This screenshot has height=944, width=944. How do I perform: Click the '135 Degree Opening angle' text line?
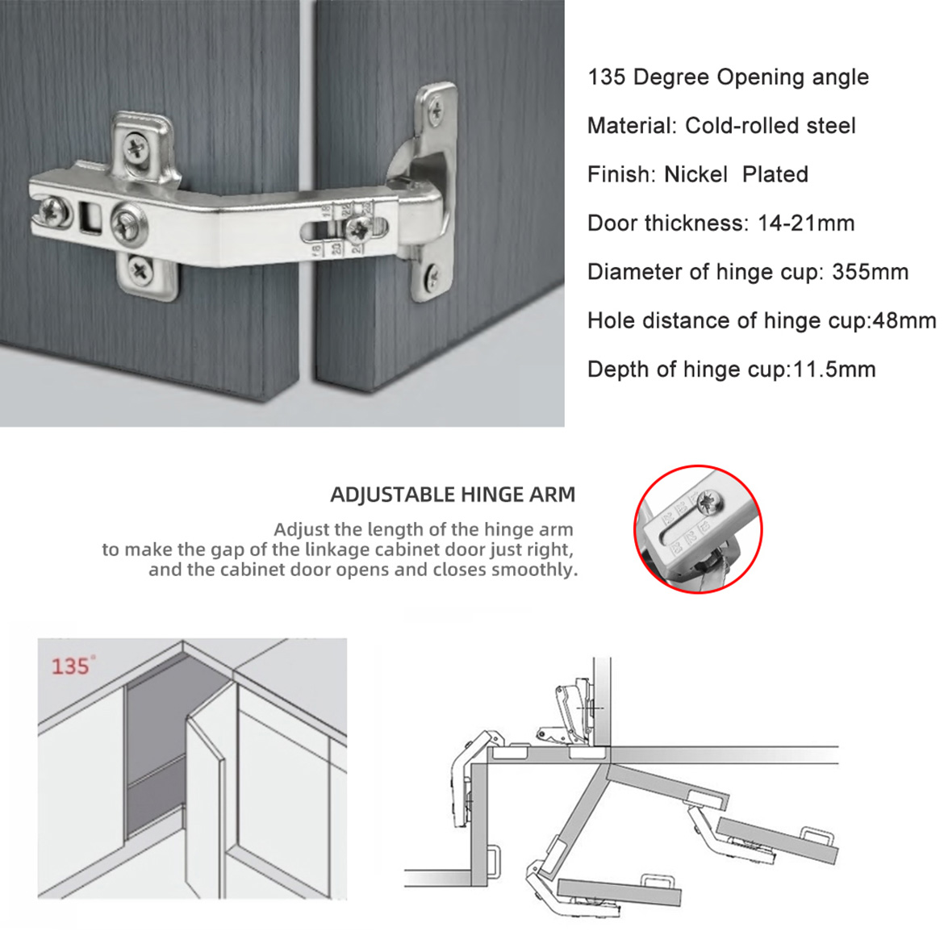pyautogui.click(x=728, y=77)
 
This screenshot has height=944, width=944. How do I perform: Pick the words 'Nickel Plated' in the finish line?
pyautogui.click(x=735, y=174)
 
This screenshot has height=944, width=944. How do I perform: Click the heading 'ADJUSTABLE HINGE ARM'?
pyautogui.click(x=453, y=495)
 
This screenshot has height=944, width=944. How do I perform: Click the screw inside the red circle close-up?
pyautogui.click(x=711, y=504)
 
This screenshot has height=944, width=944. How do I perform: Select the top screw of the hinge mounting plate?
pyautogui.click(x=136, y=149)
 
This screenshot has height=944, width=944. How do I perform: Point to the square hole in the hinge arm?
pyautogui.click(x=88, y=214)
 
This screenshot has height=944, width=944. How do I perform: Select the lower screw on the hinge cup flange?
pyautogui.click(x=433, y=278)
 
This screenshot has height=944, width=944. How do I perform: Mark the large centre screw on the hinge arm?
pyautogui.click(x=127, y=223)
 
